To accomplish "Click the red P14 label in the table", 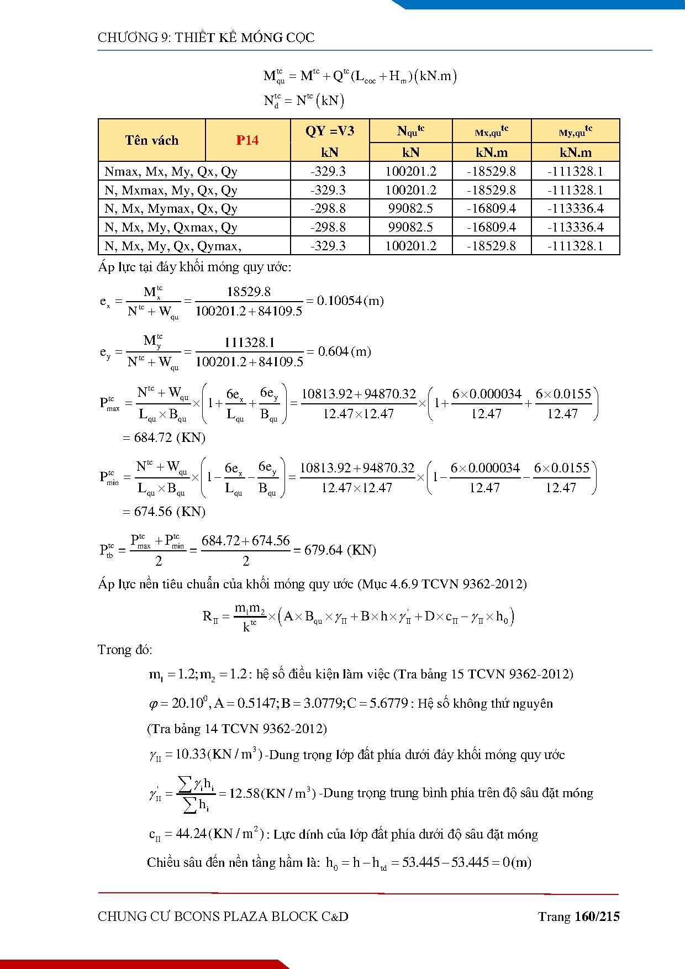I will coord(247,140).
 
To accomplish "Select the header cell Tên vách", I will coord(151,140).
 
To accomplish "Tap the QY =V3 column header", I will coord(330,131).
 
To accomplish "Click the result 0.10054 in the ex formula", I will coord(339,301).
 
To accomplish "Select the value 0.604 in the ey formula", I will coord(333,352).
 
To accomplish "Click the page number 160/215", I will coord(597,917).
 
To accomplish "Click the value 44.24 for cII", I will coord(191,834).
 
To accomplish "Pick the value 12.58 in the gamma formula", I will coord(244,794).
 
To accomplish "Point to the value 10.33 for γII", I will coord(190,755).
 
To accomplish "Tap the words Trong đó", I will coord(124,650).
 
